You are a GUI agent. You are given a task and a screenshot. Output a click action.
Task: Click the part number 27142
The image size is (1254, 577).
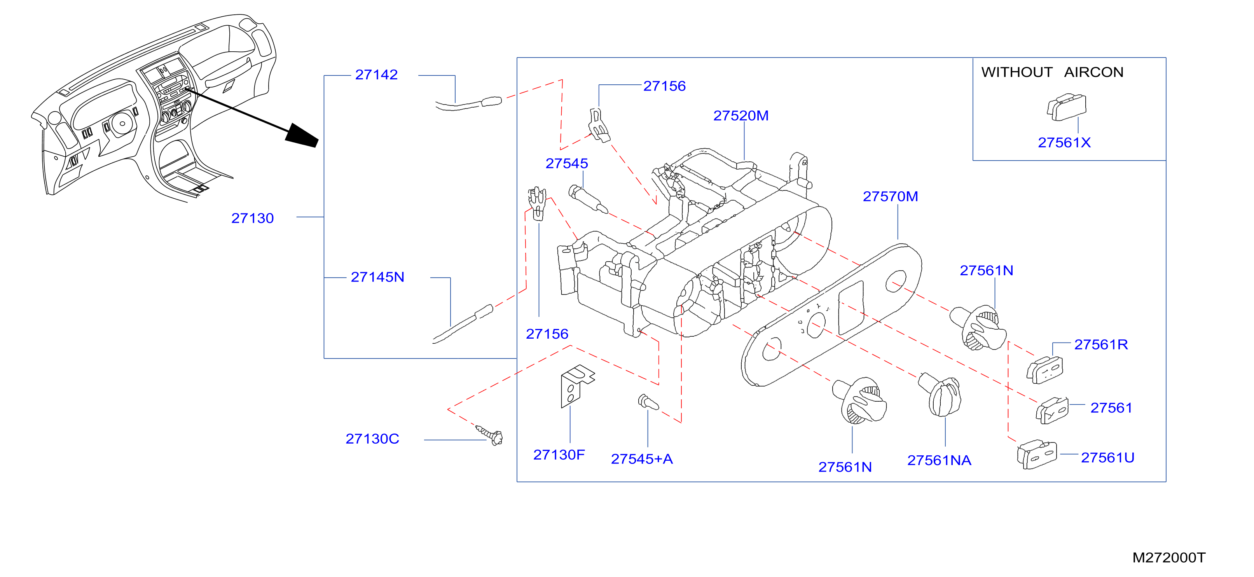[376, 75]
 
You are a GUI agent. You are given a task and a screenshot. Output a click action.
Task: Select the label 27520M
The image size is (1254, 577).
[741, 115]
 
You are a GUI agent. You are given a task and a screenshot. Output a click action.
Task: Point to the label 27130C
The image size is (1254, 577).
[372, 439]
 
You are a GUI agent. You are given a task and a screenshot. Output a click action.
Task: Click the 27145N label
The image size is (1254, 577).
[377, 277]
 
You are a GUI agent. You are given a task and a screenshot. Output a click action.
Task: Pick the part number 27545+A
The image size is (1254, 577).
[642, 459]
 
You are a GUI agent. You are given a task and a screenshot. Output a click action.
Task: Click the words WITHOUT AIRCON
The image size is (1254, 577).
[1052, 72]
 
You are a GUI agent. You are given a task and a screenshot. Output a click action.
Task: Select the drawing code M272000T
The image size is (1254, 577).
[1168, 558]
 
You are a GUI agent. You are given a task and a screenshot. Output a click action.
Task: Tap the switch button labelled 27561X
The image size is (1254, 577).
[1066, 107]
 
